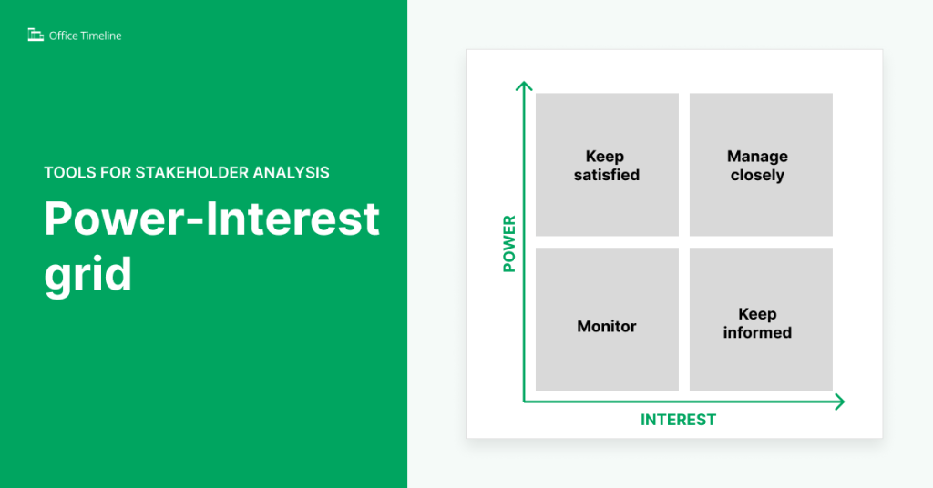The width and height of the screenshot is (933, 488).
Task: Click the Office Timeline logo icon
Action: (36, 36)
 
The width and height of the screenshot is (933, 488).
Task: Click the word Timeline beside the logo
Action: (100, 36)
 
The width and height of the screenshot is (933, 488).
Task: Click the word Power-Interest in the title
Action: (211, 219)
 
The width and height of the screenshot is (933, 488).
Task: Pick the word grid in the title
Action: (87, 272)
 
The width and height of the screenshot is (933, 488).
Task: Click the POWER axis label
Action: (508, 244)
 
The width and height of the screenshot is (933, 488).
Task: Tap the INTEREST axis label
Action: (678, 420)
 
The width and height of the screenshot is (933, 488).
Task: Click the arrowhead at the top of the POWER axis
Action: (523, 86)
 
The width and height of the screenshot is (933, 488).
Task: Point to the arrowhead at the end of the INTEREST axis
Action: (839, 402)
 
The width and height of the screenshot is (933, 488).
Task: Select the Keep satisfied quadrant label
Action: (607, 166)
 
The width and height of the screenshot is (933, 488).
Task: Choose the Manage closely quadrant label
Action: (757, 166)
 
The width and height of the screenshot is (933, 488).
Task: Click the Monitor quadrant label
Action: (607, 326)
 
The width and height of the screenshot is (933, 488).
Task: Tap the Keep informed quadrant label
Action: (757, 323)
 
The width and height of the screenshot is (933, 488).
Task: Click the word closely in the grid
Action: (757, 175)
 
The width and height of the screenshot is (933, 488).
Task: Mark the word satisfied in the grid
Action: (607, 175)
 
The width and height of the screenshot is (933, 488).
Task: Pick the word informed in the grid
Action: (757, 332)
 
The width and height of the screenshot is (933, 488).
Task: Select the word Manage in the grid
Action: (757, 157)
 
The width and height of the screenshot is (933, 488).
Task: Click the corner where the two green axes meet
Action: (524, 402)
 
